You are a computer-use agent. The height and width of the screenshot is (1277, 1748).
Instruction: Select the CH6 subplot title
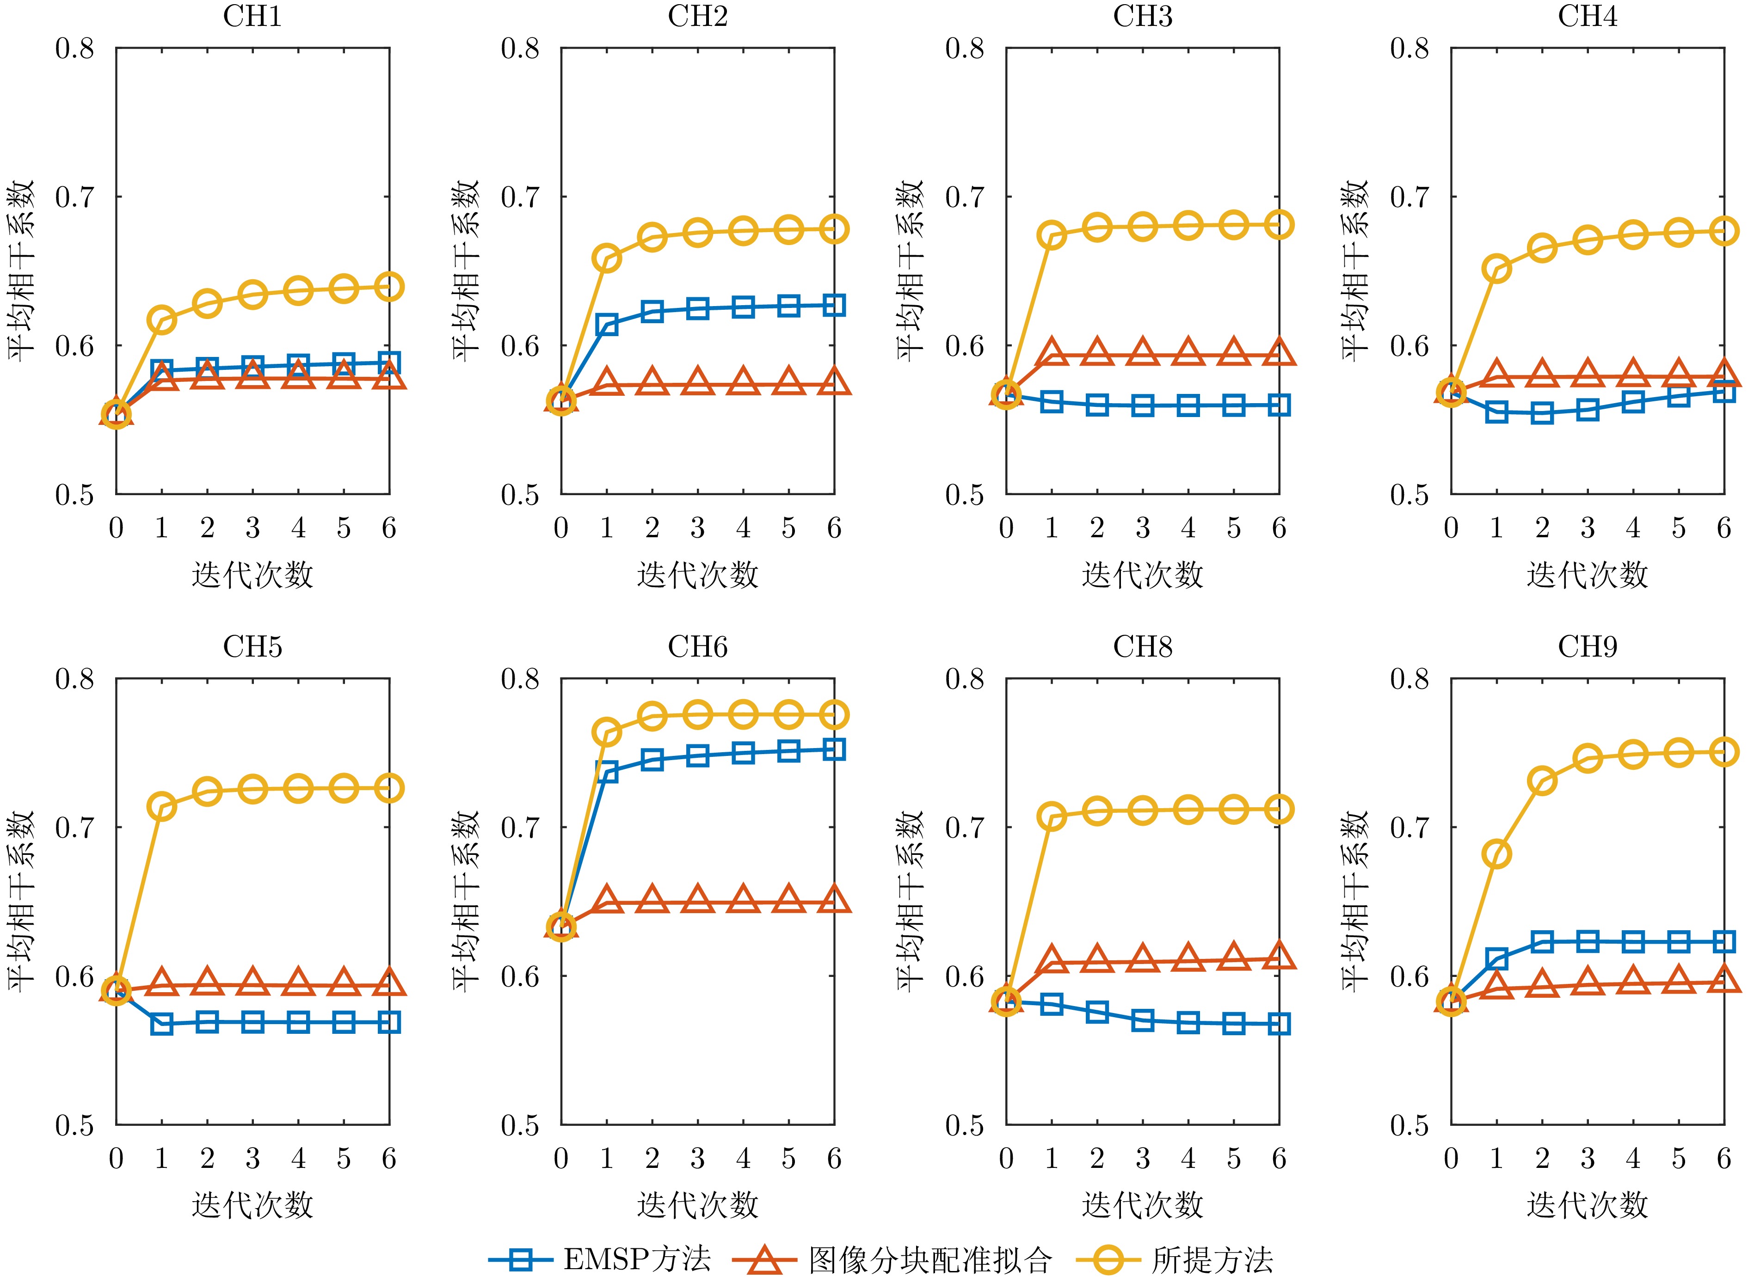tap(697, 647)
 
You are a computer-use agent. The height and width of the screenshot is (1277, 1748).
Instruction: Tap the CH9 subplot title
tap(1587, 647)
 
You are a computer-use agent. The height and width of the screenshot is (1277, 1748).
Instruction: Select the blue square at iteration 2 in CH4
tap(1542, 413)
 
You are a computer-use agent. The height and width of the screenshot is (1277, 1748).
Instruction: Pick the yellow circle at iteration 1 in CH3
tap(1052, 235)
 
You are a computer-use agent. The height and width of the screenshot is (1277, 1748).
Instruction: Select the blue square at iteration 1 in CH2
tap(607, 325)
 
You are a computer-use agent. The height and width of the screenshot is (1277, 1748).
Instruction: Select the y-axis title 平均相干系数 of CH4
tap(1354, 270)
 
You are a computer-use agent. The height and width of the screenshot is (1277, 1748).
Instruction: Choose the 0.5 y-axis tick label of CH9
tap(1409, 1125)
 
